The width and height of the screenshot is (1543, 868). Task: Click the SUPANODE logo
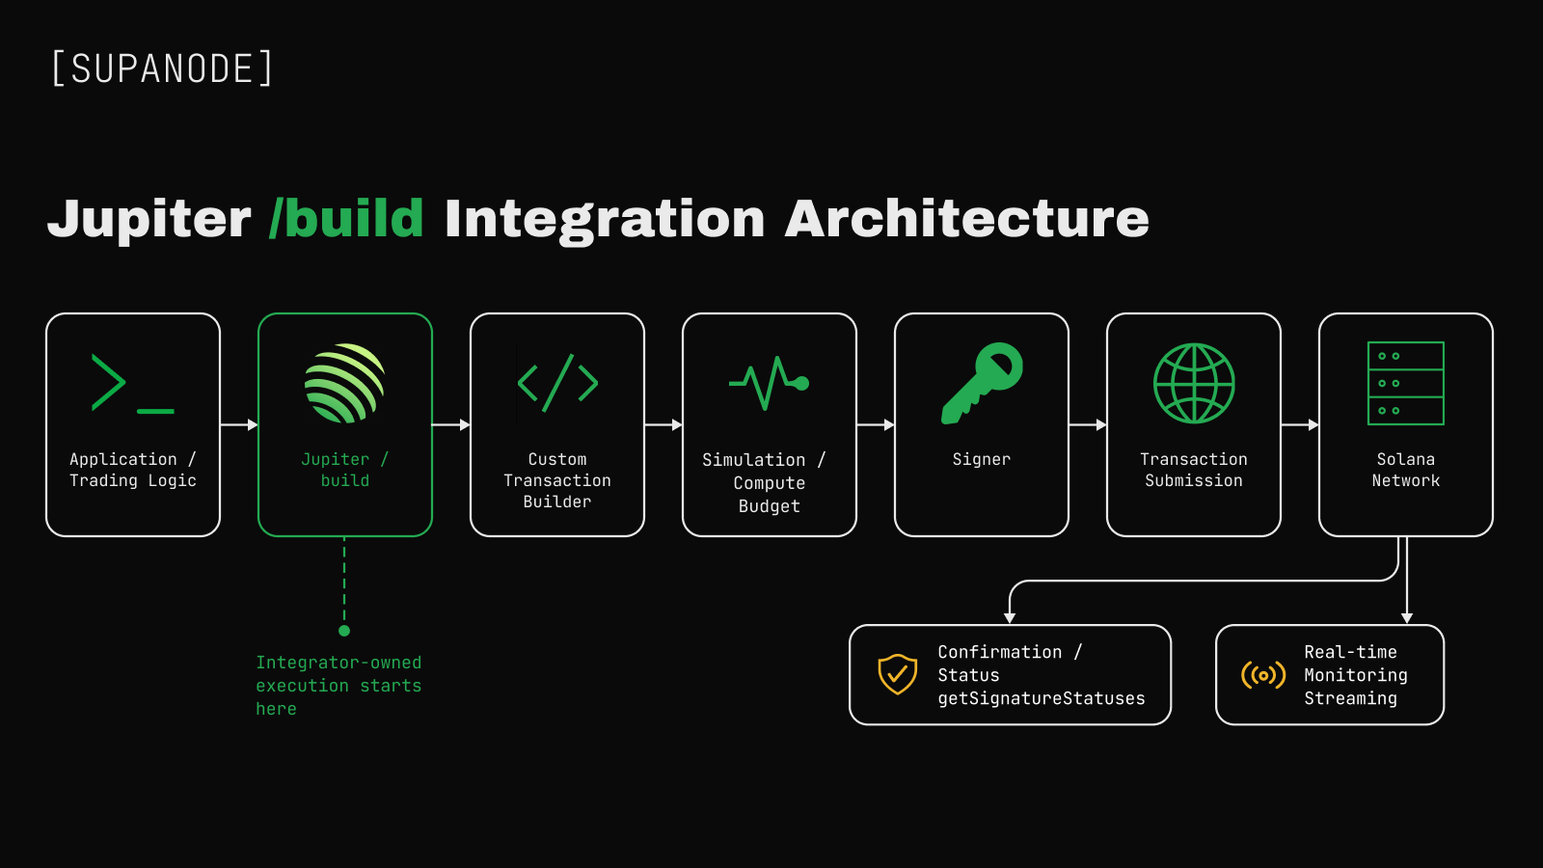point(163,68)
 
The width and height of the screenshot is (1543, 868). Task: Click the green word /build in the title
point(346,218)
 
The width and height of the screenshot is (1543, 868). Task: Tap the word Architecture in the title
point(966,218)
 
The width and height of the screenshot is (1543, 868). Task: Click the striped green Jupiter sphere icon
point(344,383)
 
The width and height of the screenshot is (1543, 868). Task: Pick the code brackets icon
point(557,383)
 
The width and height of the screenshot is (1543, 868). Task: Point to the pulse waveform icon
point(769,383)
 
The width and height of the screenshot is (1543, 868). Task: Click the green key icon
point(982,383)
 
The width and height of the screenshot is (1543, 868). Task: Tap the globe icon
point(1194,383)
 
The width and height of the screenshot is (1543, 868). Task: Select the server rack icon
point(1406,383)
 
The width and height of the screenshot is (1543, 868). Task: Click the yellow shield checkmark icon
point(897,674)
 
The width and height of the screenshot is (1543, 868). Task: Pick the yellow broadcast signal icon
point(1263,675)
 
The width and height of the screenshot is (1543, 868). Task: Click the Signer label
point(982,459)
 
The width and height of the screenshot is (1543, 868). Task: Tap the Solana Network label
point(1406,470)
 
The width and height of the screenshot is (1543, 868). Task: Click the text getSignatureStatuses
point(1042,698)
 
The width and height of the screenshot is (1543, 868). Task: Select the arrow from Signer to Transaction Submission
point(1088,425)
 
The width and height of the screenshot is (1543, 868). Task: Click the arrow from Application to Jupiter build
point(239,425)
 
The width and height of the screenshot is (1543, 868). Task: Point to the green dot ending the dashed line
point(344,631)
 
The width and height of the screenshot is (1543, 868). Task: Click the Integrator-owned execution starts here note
point(338,686)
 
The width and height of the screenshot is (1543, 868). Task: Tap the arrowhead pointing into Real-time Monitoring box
point(1407,618)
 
